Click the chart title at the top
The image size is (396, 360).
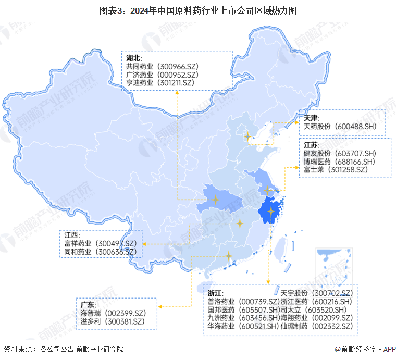[x=198, y=10]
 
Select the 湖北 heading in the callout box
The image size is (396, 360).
[x=133, y=58]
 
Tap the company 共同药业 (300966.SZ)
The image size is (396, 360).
[x=162, y=67]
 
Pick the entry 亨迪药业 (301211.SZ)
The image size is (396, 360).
[x=160, y=82]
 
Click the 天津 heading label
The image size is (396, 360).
[x=311, y=118]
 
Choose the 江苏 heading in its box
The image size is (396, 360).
[x=311, y=145]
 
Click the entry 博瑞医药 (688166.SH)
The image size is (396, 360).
[x=339, y=162]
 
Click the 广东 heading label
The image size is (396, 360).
[x=88, y=304]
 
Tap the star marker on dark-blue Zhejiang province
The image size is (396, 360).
[x=271, y=211]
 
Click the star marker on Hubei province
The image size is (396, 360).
[x=215, y=199]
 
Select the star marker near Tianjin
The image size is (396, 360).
[x=248, y=136]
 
